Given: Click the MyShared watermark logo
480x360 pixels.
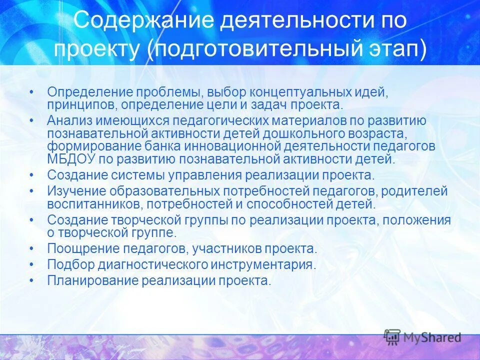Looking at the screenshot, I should click(x=422, y=337).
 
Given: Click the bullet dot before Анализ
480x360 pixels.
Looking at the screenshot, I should click(x=32, y=121).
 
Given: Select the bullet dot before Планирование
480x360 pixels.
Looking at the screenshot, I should click(x=32, y=280).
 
